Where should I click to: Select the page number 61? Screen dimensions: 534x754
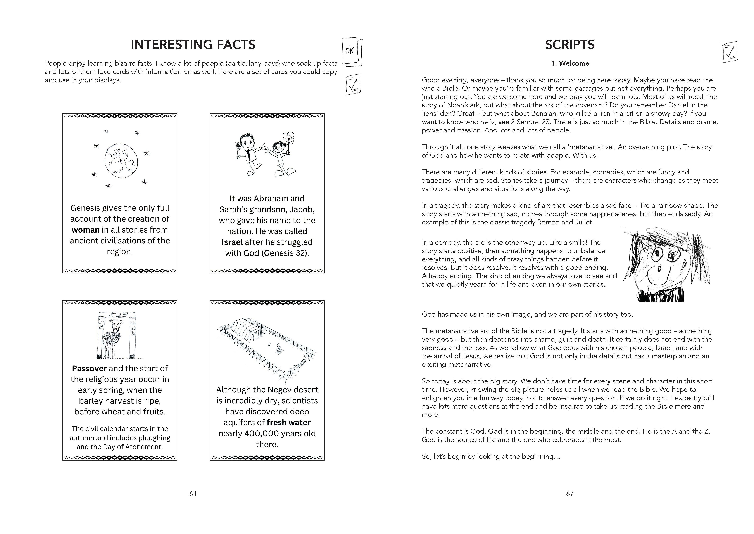[193, 493]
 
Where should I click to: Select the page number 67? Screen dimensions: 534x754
[570, 493]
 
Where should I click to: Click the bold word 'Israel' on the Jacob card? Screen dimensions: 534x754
[232, 242]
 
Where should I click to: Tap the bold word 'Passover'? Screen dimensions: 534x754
[89, 369]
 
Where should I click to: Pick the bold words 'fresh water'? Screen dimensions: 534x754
[289, 423]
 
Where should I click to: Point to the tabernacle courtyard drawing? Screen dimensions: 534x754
[267, 349]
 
